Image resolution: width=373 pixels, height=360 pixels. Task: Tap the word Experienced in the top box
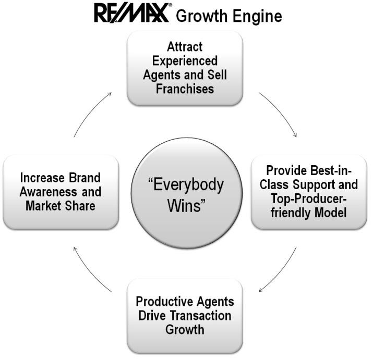pyautogui.click(x=185, y=61)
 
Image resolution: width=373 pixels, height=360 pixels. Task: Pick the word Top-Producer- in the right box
pyautogui.click(x=309, y=198)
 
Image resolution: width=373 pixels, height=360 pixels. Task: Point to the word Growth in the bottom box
pyautogui.click(x=185, y=329)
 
